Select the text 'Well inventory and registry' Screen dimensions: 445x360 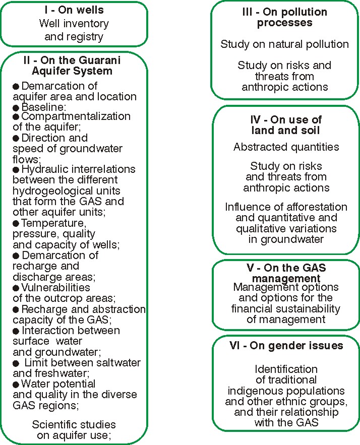74,30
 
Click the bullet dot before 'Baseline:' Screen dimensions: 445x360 17,107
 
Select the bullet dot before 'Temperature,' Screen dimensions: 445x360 17,222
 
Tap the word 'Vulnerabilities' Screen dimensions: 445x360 55,287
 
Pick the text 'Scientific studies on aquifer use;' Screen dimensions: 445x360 74,429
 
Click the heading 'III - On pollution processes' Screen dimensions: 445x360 284,17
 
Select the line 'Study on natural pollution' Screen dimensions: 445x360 284,44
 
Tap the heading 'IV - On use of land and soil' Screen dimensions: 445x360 286,125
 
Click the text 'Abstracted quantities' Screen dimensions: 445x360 286,147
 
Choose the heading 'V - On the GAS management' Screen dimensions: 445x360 286,273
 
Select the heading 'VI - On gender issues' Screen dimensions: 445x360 286,346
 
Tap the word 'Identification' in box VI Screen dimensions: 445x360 286,369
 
